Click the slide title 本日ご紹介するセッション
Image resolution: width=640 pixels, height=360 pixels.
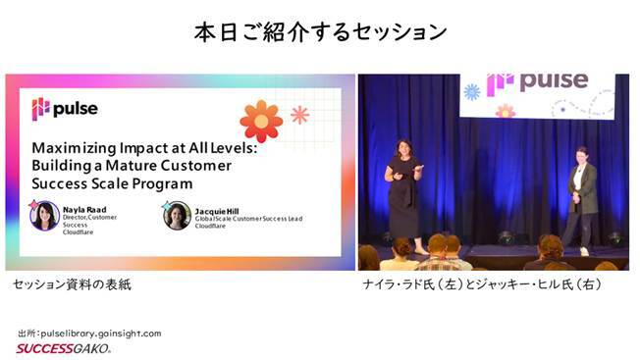point(320,31)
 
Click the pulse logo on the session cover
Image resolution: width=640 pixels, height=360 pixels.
point(64,108)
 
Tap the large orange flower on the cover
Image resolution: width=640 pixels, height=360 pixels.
point(260,121)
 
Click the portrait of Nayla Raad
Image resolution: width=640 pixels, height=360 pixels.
point(44,215)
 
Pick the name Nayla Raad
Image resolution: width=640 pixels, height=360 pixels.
point(80,208)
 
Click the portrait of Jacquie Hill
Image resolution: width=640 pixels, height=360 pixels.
point(177,215)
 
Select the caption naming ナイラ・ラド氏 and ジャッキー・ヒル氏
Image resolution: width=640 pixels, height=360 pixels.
point(481,284)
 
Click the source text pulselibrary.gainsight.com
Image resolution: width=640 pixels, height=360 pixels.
point(103,334)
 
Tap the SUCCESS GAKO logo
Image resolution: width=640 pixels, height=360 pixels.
point(64,348)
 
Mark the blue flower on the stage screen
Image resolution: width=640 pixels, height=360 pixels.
point(472,92)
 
